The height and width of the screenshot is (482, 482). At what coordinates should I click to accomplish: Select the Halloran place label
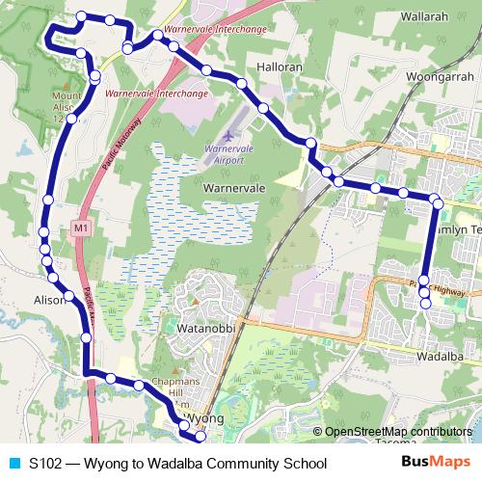point(281,68)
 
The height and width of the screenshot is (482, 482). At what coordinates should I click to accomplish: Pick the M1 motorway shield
point(80,228)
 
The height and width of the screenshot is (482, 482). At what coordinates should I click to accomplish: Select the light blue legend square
point(13,464)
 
